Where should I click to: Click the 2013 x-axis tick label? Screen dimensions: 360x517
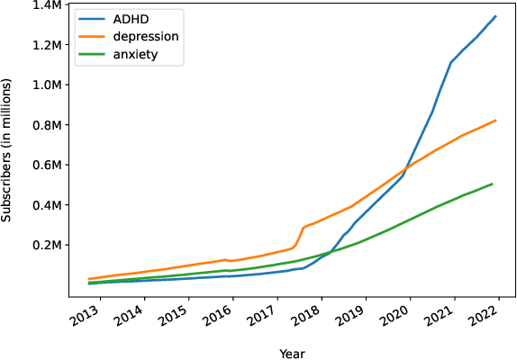click(85, 316)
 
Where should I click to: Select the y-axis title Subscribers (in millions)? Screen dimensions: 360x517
click(8, 148)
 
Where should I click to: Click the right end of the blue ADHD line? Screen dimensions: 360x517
click(495, 16)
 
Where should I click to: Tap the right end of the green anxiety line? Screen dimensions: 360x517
click(493, 184)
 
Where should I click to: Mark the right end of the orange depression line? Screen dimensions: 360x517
click(495, 121)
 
